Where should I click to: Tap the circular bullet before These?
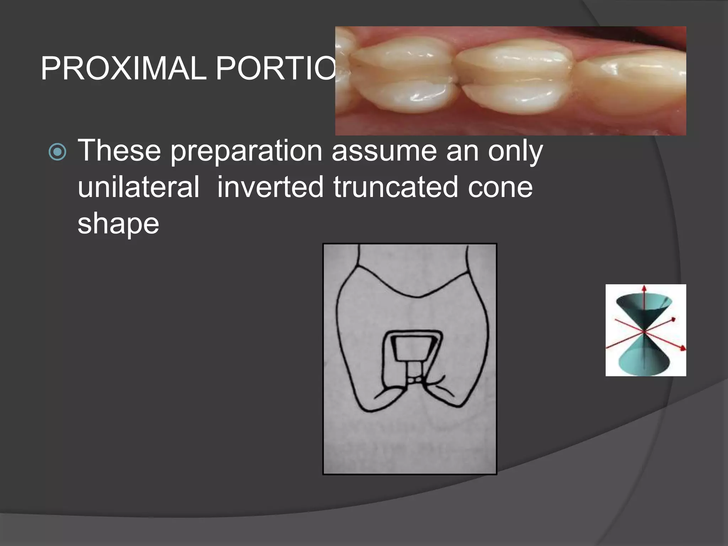point(57,152)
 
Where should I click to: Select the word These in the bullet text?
point(119,151)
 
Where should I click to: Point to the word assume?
point(384,151)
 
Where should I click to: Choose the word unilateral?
point(138,187)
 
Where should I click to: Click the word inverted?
point(271,187)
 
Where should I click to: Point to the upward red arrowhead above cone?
point(643,288)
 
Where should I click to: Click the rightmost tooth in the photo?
point(633,82)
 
